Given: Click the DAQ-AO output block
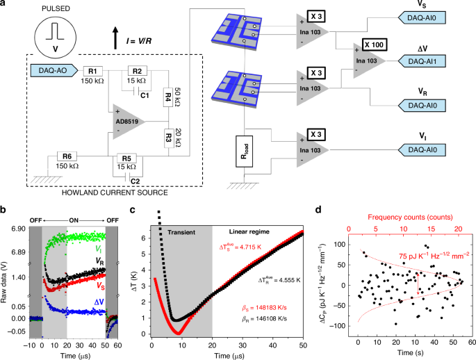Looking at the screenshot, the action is [54, 70].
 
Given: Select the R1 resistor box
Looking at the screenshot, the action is [92, 71].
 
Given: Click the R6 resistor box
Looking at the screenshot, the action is [67, 156].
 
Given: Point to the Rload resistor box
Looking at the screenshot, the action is [245, 152].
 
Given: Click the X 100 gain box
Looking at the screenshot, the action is [375, 45].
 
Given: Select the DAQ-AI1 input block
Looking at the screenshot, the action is [422, 61].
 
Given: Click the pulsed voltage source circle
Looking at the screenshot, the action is [56, 38].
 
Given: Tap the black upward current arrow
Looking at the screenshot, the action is [115, 38].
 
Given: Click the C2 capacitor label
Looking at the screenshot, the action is [135, 181].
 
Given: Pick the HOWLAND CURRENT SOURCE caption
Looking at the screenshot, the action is [115, 193].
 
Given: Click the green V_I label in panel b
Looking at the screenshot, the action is [99, 249].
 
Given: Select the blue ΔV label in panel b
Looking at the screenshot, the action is [99, 302].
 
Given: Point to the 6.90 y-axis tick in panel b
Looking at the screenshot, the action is [19, 228].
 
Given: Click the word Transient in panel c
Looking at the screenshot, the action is [181, 232].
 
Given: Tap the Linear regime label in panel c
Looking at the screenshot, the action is [249, 231].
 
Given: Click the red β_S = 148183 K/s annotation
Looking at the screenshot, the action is [264, 308].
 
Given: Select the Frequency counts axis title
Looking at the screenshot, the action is [410, 217].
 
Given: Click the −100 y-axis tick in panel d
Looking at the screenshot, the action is [339, 326].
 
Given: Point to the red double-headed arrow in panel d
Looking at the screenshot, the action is [418, 284].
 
